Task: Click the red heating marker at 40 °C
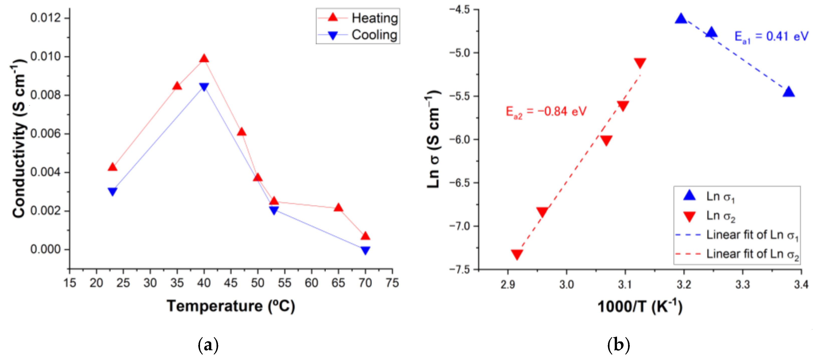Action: point(204,58)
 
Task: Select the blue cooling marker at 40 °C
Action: point(204,87)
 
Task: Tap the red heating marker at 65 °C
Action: point(338,208)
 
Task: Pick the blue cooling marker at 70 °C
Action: point(365,250)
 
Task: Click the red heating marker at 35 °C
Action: point(177,86)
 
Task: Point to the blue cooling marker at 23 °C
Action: point(112,191)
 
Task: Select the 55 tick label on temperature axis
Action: point(284,283)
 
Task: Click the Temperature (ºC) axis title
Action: point(231,306)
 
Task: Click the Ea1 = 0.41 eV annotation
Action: point(771,37)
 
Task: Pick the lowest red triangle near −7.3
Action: point(517,254)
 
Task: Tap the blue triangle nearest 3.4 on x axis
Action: point(788,92)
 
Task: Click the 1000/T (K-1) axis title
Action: point(640,306)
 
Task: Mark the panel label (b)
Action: point(618,345)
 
